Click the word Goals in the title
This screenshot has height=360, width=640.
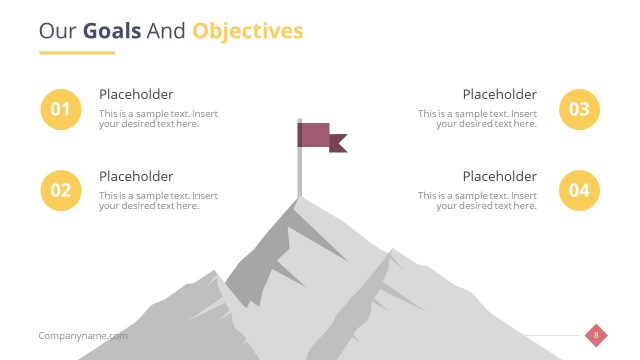pos(112,31)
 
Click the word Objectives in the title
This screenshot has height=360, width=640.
pos(248,31)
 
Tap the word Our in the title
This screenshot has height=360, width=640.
pos(58,31)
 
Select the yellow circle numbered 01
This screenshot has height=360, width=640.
pos(61,109)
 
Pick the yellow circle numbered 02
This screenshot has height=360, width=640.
pos(61,190)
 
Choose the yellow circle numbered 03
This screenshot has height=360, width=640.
pos(579,109)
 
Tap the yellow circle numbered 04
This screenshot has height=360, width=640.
pos(579,190)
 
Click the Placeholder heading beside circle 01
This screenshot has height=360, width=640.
pos(136,94)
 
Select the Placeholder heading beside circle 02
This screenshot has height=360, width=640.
pos(136,176)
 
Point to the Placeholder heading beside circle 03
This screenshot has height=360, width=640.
pos(499,94)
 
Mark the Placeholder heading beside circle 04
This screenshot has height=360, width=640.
pos(499,176)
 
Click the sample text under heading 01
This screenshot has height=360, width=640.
pos(158,119)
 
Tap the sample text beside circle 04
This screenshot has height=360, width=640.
pos(478,201)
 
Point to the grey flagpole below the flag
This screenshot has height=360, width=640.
pos(298,175)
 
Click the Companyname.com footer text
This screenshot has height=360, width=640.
pos(83,336)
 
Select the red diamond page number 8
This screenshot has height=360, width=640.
pos(596,335)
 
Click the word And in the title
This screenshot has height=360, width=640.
pos(166,31)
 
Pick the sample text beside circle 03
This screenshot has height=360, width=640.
pos(478,119)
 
